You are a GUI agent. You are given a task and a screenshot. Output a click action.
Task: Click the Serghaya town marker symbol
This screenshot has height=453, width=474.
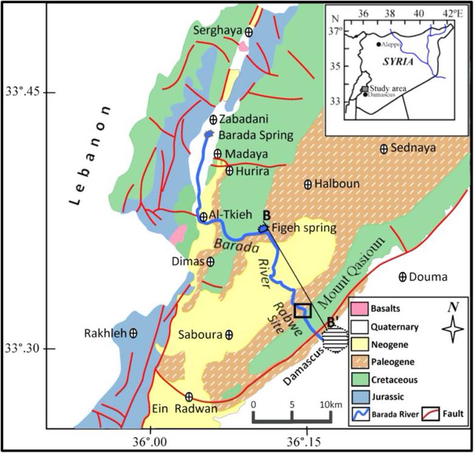tap(248, 32)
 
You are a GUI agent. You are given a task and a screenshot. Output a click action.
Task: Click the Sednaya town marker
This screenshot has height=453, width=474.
tap(384, 149)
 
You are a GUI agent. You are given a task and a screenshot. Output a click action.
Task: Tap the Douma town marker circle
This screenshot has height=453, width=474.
tap(402, 277)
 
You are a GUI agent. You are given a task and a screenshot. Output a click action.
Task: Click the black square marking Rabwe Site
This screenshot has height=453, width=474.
tap(302, 310)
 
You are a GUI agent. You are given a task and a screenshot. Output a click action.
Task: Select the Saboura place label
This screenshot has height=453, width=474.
tap(200, 335)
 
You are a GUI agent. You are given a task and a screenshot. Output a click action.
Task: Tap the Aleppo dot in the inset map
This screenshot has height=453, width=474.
tap(378, 44)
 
